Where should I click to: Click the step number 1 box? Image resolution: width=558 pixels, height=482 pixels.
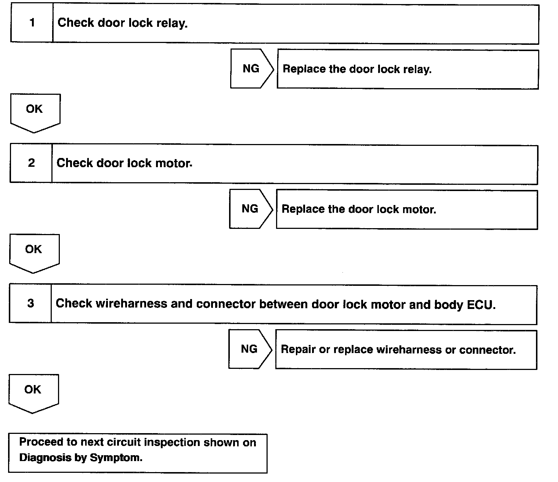pos(32,23)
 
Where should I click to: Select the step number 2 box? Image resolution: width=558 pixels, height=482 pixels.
pos(31,163)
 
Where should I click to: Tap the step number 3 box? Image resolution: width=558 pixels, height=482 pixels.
pos(30,303)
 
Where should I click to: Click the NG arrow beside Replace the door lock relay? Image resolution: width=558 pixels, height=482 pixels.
pos(252,69)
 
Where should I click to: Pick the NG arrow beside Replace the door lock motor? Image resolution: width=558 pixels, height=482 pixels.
pos(251,209)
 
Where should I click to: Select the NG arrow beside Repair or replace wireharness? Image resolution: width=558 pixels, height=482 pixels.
pos(250,349)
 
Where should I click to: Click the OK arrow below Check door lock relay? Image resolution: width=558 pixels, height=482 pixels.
pos(35,113)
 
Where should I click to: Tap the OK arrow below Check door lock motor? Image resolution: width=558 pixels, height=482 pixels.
pos(34,254)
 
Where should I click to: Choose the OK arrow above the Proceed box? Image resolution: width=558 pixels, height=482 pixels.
pos(33,394)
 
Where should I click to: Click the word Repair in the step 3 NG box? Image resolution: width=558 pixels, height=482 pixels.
pos(298,349)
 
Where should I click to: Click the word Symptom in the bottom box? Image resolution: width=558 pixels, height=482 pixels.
pos(116,458)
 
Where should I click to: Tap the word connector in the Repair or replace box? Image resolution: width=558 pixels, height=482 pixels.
pos(488,350)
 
